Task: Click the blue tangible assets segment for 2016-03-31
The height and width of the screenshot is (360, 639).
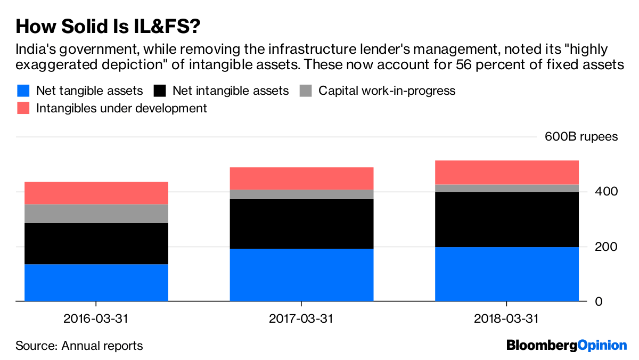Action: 96,283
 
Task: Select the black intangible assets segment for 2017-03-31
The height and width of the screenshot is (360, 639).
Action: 301,224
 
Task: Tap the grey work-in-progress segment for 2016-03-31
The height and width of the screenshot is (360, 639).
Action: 96,214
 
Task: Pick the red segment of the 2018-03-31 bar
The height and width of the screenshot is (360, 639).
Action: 506,172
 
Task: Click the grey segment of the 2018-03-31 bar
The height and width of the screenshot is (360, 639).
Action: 506,188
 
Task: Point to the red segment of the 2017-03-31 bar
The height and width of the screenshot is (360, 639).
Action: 301,178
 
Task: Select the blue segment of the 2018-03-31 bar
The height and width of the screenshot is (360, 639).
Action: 506,274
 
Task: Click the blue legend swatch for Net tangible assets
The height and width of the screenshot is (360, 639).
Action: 23,91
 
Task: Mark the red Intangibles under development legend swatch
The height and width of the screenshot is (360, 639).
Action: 23,108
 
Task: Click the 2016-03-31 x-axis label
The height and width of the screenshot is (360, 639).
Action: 96,319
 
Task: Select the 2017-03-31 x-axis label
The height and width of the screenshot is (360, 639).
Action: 301,319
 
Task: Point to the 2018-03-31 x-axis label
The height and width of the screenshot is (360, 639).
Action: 506,319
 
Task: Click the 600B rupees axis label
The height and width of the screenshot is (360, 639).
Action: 581,137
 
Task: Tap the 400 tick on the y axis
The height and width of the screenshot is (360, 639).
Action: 606,191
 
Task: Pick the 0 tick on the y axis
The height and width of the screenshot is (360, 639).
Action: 599,301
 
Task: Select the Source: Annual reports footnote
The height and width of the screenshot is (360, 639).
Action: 79,346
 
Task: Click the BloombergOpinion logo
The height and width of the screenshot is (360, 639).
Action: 567,346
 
